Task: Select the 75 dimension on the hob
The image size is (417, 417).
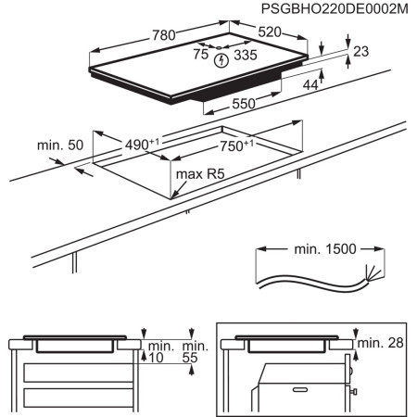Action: [x=199, y=55]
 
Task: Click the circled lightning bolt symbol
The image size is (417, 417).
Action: [x=221, y=61]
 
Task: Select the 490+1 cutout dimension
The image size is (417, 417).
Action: [x=142, y=145]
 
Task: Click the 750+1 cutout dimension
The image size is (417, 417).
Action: [x=239, y=145]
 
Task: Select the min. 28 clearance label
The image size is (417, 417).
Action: [x=383, y=344]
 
